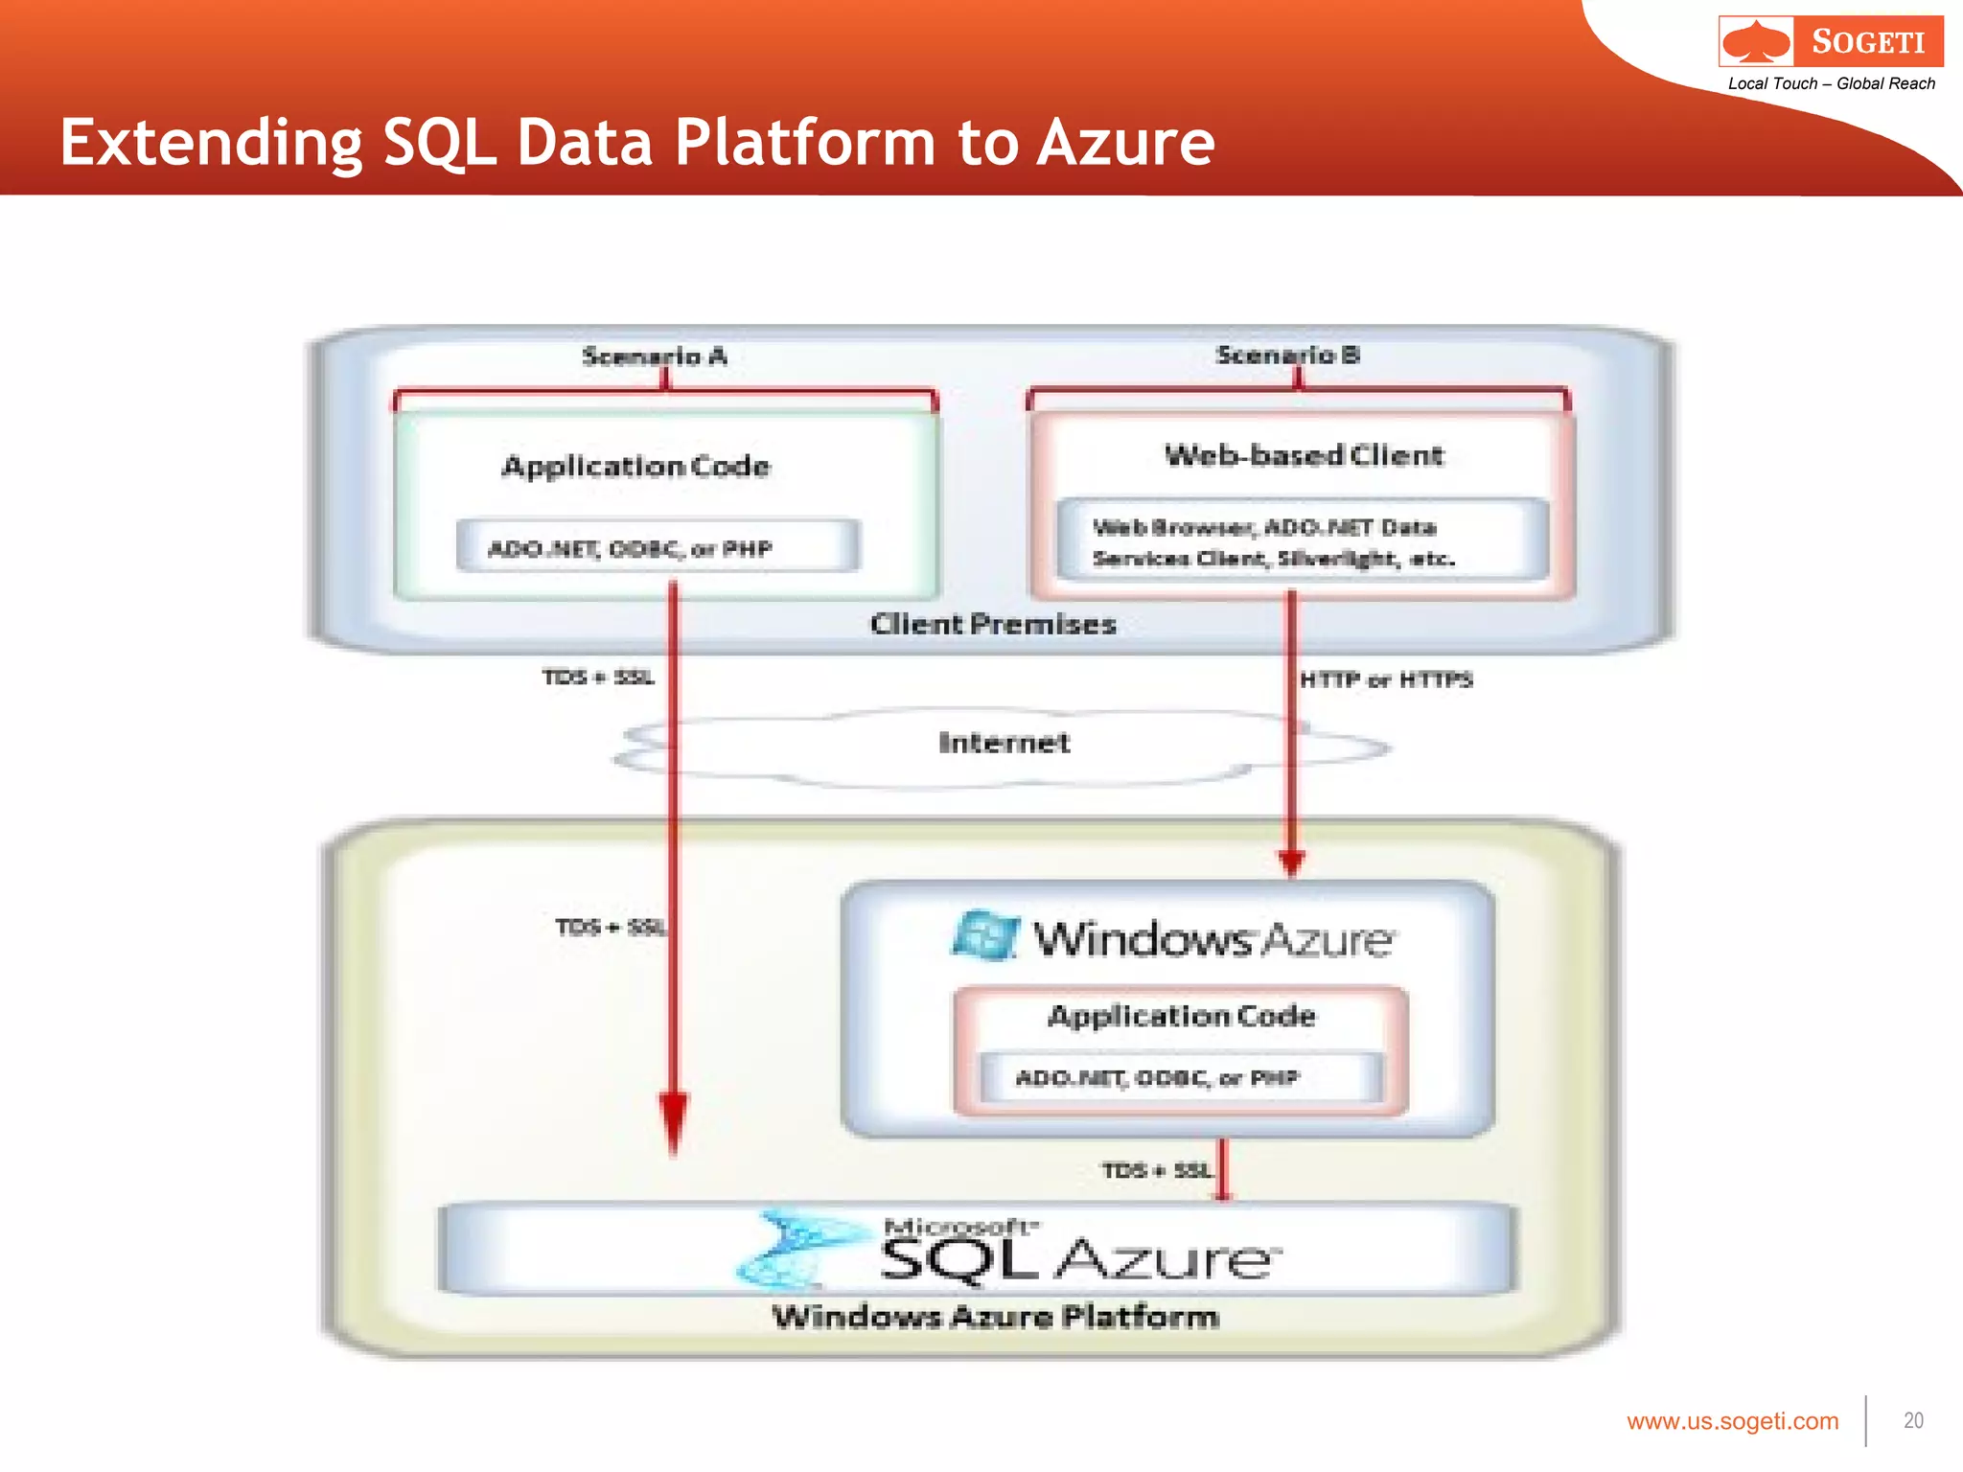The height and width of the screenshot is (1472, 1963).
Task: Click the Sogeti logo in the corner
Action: click(1831, 41)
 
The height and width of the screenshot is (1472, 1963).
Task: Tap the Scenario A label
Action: click(655, 356)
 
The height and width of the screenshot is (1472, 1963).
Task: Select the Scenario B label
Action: click(1287, 355)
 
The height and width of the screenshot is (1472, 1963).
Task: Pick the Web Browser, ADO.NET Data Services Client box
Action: click(1302, 541)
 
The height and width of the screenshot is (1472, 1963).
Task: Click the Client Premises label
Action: click(993, 624)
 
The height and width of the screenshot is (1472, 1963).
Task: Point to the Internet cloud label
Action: click(1004, 743)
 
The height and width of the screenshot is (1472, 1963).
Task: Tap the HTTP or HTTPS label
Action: click(1386, 679)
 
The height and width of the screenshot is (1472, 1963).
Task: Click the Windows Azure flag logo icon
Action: click(985, 935)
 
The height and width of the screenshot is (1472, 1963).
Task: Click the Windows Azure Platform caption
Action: click(995, 1317)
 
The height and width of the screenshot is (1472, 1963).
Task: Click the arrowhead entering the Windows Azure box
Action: click(1291, 862)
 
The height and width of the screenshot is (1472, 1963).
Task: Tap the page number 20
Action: click(1913, 1420)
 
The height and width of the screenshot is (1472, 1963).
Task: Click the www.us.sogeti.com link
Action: click(1732, 1421)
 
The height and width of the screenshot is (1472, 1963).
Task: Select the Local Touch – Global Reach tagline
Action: click(1831, 83)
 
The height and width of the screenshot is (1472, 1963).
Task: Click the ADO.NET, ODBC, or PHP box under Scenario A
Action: click(658, 547)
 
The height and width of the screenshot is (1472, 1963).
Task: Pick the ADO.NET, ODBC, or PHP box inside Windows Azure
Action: click(1181, 1078)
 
